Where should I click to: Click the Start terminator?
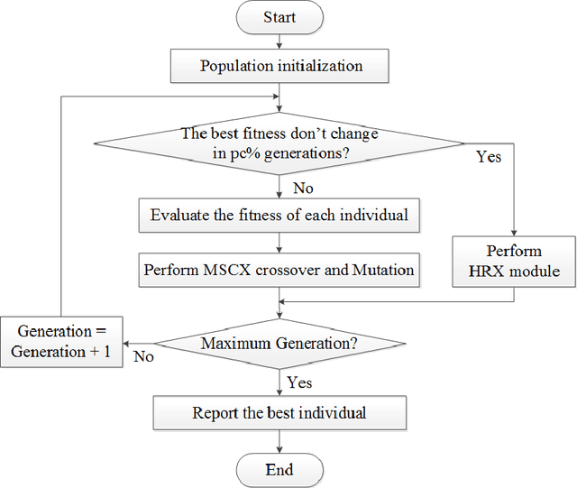(x=279, y=17)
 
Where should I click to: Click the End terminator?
(x=279, y=470)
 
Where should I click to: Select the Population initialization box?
(x=279, y=66)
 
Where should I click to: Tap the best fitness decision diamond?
(x=279, y=142)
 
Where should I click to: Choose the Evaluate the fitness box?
(x=279, y=215)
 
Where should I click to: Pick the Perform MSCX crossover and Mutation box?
(x=279, y=269)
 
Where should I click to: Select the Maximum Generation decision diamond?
(x=279, y=344)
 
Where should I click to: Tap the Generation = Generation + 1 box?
(x=61, y=342)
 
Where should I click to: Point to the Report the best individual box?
(x=279, y=413)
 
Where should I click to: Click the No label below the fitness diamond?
(x=304, y=188)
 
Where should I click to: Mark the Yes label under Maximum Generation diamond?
(x=300, y=382)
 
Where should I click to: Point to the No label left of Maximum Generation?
(x=143, y=356)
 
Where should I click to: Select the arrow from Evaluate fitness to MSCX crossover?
(x=279, y=242)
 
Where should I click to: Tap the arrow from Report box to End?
(x=279, y=441)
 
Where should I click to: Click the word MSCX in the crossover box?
(x=228, y=269)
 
